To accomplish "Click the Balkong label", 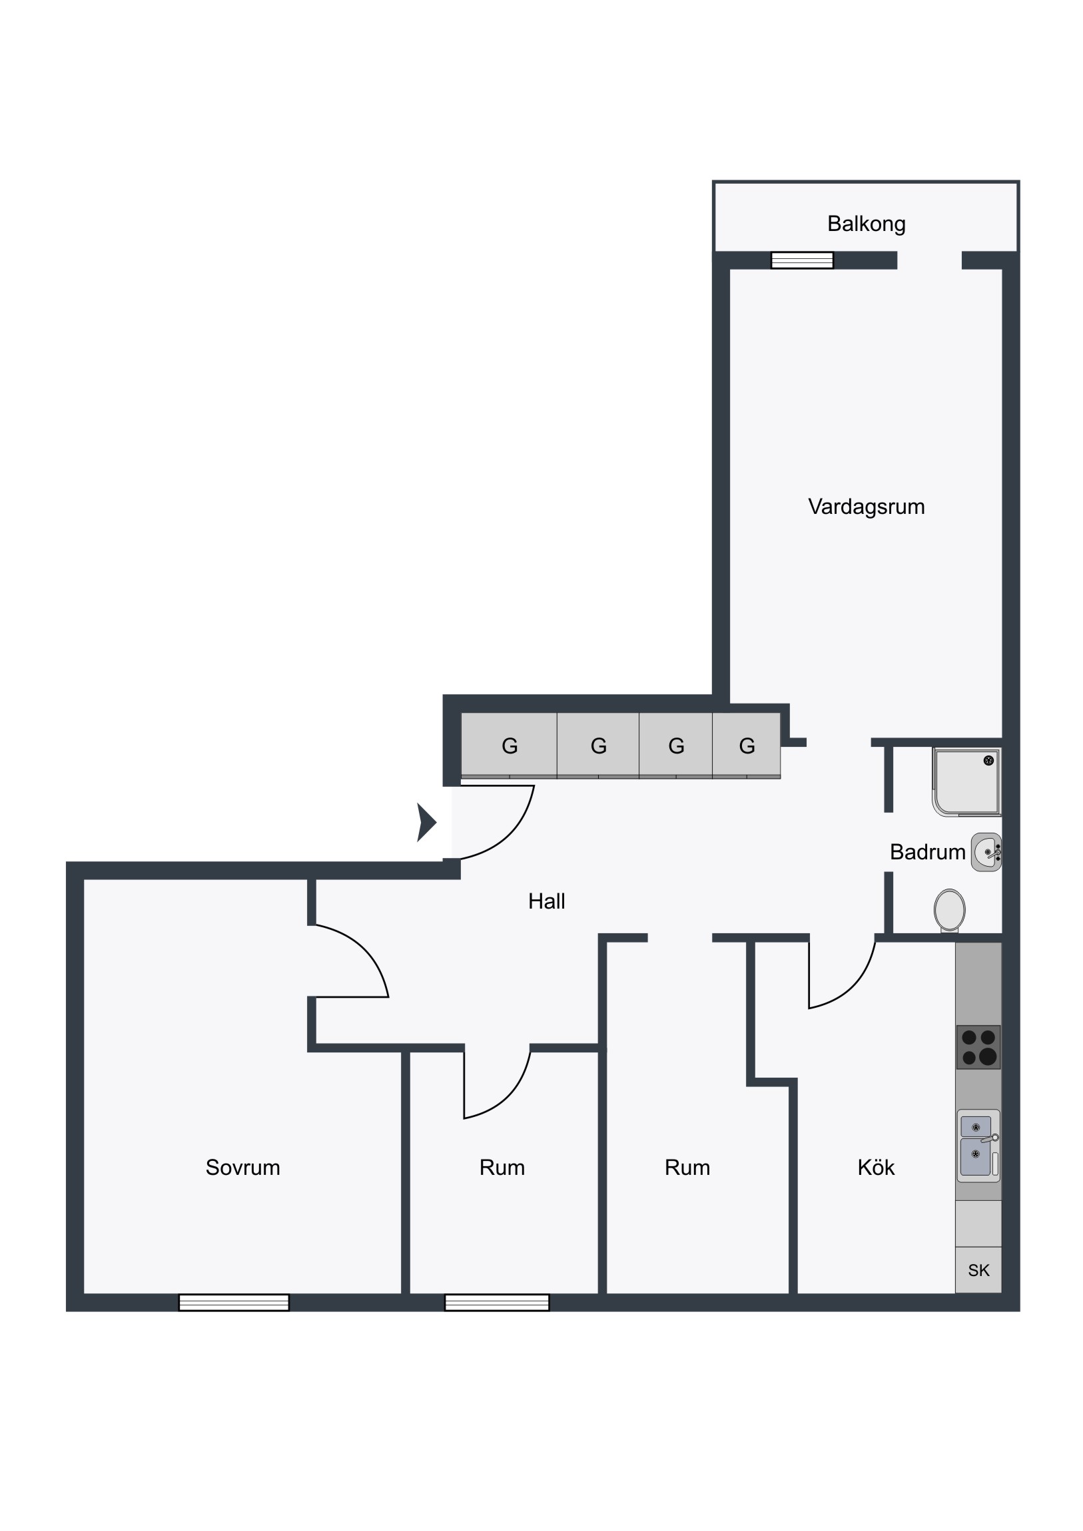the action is pos(866,224).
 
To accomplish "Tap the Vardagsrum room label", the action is pos(866,507).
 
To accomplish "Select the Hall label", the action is pos(547,901).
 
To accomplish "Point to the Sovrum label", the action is pos(243,1167).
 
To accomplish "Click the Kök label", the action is pos(875,1167).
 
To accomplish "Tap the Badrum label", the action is pos(928,851).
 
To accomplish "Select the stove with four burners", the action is pos(978,1047).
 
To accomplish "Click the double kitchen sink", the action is pos(978,1146).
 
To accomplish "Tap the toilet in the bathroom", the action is pos(950,910).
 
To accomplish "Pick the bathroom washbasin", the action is pos(986,851).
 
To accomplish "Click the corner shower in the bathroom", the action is pos(967,782).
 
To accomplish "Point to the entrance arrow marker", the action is pos(426,822).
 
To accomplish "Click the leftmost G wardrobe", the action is pos(509,746).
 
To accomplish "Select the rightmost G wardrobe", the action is pos(747,746).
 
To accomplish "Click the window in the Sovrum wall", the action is pos(234,1302).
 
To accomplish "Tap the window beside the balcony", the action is pos(802,260).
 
